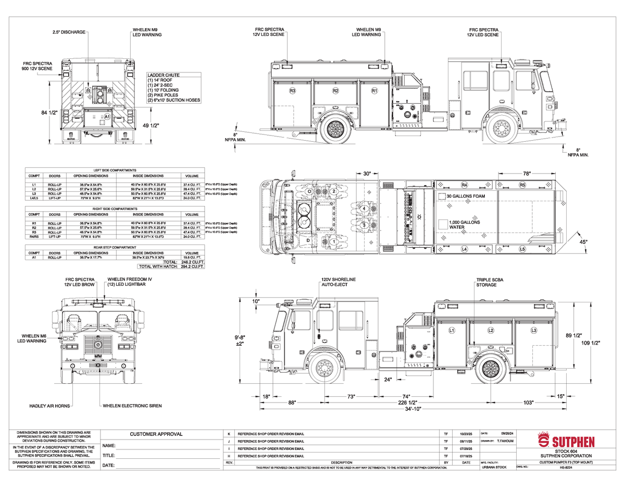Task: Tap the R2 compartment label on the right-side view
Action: [335, 91]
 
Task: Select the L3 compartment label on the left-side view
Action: [533, 331]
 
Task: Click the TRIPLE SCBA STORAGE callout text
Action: [489, 283]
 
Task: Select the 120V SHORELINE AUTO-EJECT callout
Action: [338, 283]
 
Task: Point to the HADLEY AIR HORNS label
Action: [49, 405]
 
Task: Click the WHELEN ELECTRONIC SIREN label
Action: [132, 405]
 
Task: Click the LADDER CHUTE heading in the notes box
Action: [164, 75]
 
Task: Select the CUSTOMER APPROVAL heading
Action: [156, 434]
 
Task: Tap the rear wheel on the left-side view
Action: [491, 368]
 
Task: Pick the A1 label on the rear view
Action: [107, 117]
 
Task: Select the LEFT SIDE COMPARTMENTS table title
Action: [115, 170]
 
